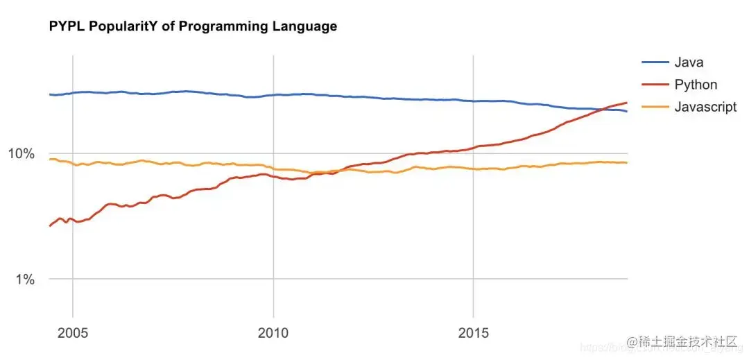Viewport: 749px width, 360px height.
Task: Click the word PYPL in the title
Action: [66, 27]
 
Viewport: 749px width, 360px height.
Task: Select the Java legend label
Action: [689, 62]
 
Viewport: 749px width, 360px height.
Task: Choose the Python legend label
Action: [696, 85]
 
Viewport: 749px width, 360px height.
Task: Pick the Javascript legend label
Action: [705, 107]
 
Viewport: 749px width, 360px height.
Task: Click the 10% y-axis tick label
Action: [21, 153]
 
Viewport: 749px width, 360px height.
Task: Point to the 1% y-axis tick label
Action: [25, 280]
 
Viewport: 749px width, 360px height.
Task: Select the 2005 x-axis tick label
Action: [73, 333]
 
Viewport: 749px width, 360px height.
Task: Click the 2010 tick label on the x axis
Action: [273, 333]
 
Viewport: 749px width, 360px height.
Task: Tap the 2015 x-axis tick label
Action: [473, 333]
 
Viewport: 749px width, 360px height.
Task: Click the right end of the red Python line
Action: [627, 103]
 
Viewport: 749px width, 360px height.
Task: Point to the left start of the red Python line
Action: [49, 225]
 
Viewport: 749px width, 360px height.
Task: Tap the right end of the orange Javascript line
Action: [627, 162]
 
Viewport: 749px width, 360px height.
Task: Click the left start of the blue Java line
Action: [49, 94]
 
